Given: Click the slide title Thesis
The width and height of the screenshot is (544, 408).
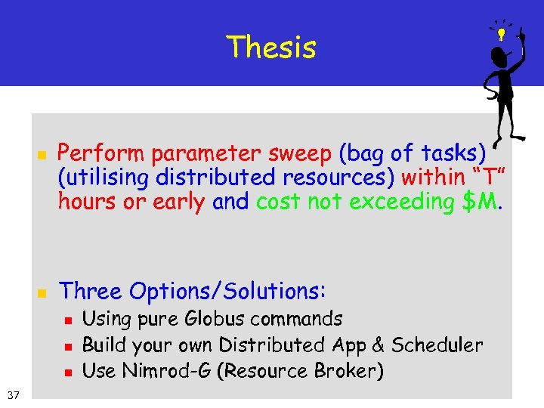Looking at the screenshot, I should [x=271, y=47].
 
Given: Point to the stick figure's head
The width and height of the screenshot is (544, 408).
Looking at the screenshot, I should [x=499, y=57].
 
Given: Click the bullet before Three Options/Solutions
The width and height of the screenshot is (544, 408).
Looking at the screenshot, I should [x=42, y=292].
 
